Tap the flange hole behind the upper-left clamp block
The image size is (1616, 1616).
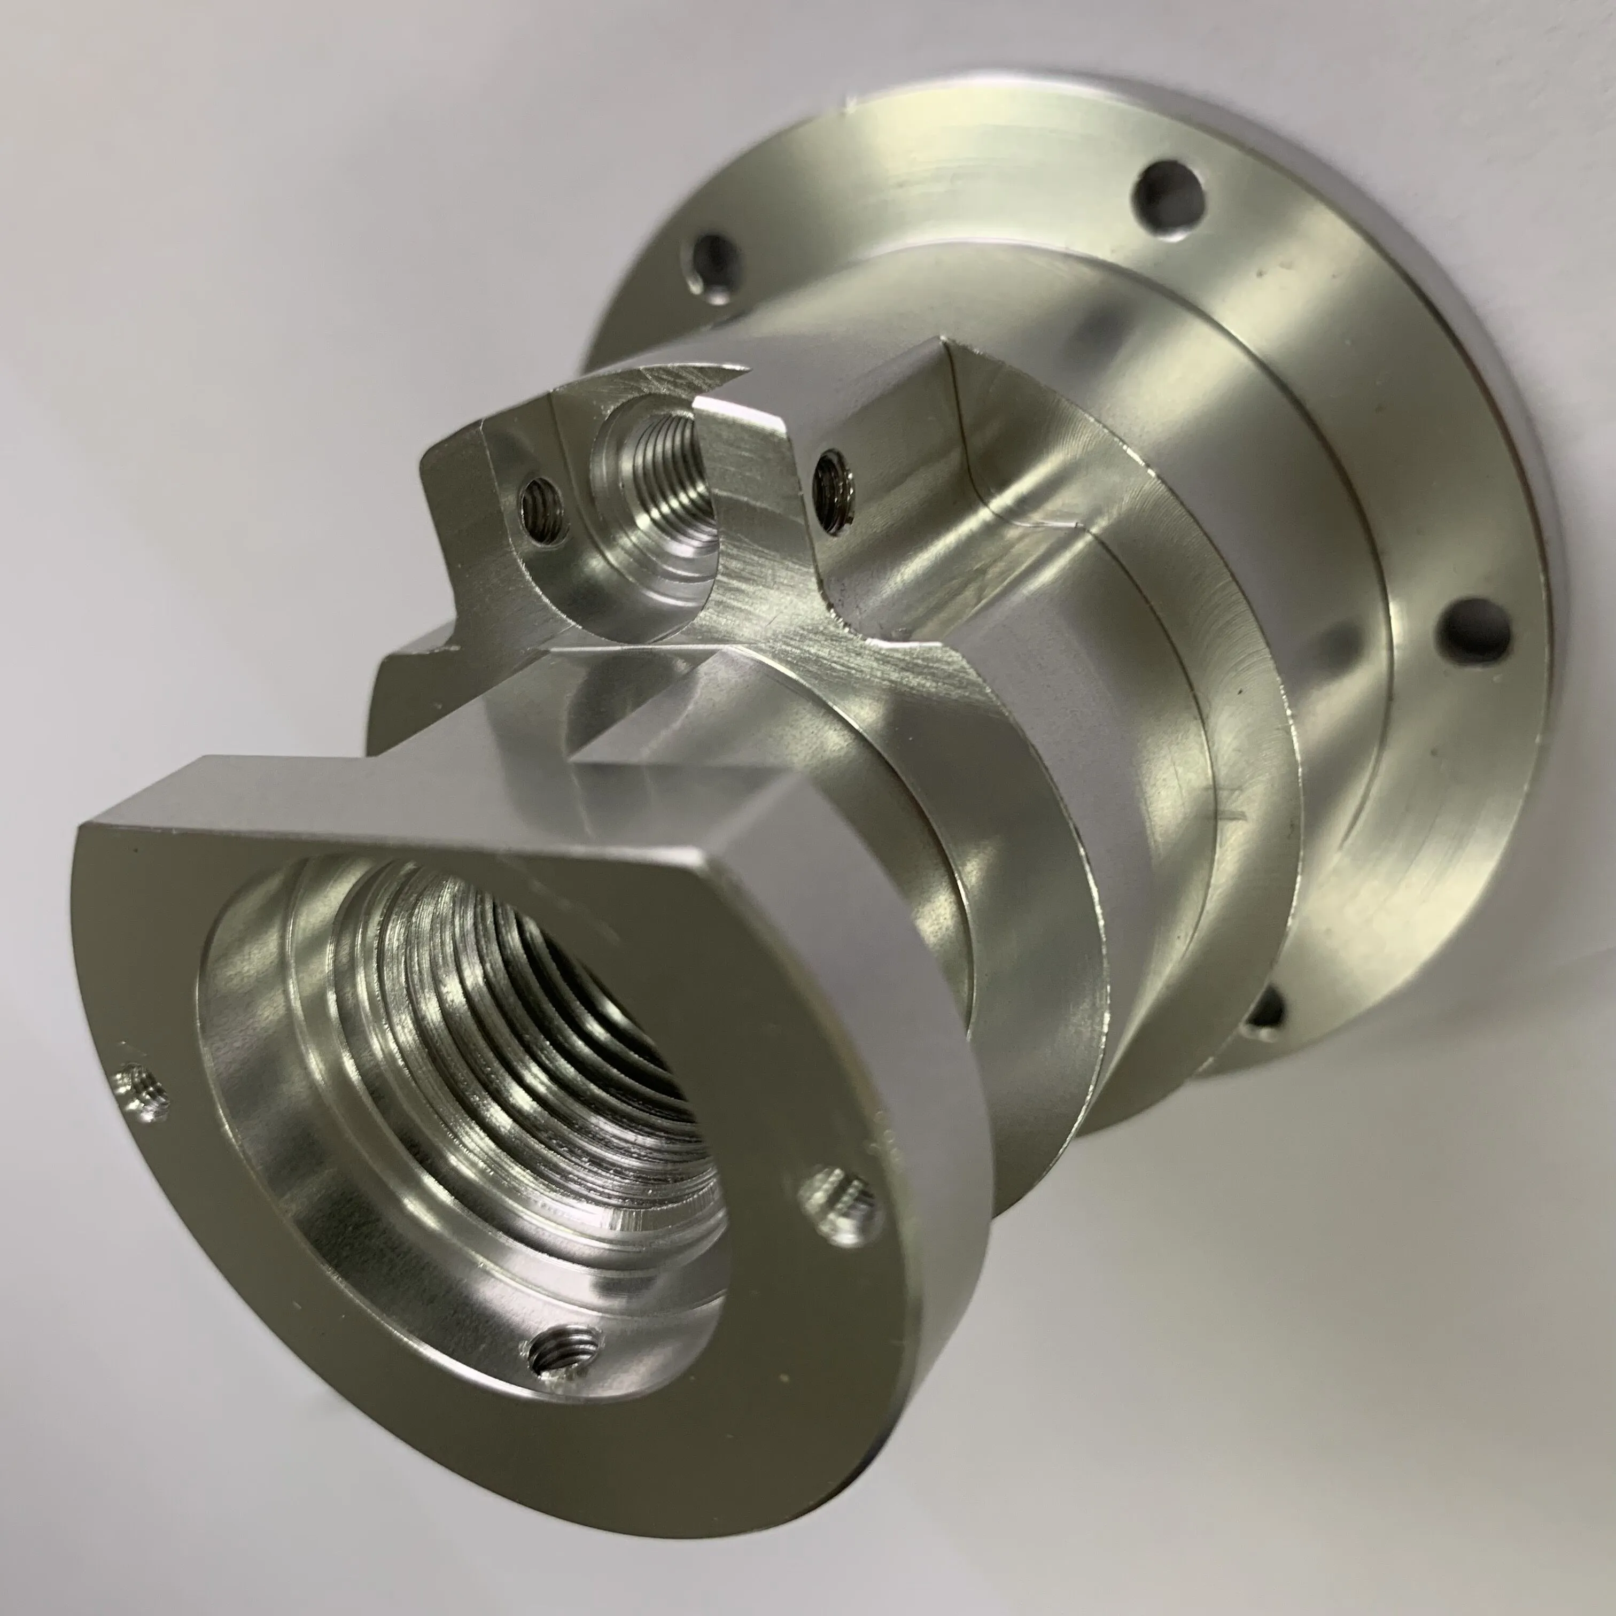[x=711, y=266]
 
